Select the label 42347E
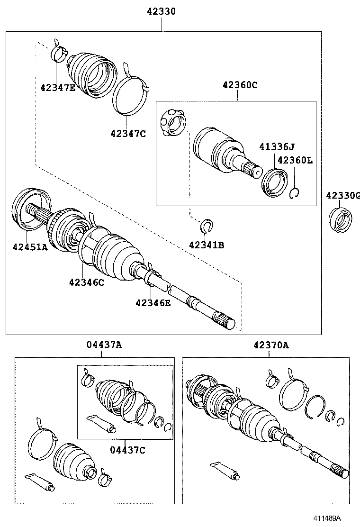[58, 87]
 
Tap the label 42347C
[128, 133]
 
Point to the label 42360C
[240, 85]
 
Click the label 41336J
[277, 147]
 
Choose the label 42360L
[295, 160]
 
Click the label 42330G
[342, 195]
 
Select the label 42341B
[206, 245]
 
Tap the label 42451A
[30, 246]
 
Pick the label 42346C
[86, 282]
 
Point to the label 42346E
[153, 302]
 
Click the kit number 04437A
[104, 345]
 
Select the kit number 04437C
[127, 450]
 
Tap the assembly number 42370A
[270, 345]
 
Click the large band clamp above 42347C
[129, 95]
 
